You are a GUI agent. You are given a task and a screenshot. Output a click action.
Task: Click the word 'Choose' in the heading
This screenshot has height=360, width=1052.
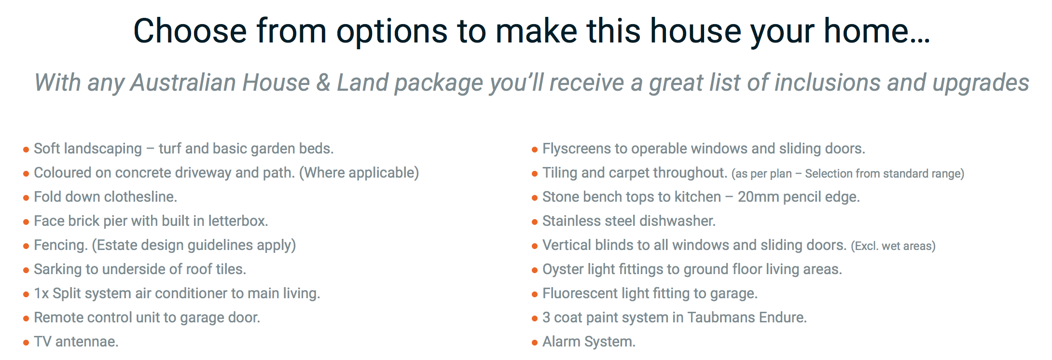(x=190, y=31)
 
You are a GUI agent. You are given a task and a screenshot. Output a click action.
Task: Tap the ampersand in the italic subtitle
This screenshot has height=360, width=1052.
(x=323, y=83)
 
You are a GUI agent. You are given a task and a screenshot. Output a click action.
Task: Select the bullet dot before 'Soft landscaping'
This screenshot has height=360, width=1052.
(x=26, y=150)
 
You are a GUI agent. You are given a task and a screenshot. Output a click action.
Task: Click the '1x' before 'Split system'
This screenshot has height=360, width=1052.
(x=42, y=293)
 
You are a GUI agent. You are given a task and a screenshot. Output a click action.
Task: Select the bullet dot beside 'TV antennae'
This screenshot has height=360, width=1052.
(x=26, y=343)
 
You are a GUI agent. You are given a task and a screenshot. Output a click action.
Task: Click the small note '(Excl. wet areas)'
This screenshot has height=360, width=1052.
(x=893, y=246)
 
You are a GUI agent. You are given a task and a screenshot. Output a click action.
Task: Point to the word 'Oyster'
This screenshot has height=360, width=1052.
(x=563, y=269)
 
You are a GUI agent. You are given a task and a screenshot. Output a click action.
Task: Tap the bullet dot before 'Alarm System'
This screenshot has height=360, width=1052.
(x=535, y=343)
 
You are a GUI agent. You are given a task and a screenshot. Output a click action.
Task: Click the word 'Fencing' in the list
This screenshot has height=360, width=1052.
(x=60, y=245)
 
